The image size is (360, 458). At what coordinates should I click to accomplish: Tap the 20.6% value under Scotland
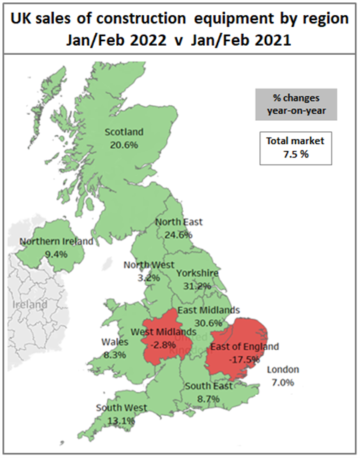122,144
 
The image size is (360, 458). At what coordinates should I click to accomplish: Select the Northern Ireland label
57,242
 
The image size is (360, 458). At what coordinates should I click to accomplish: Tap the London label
284,369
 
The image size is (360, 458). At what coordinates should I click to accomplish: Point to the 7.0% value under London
284,382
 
